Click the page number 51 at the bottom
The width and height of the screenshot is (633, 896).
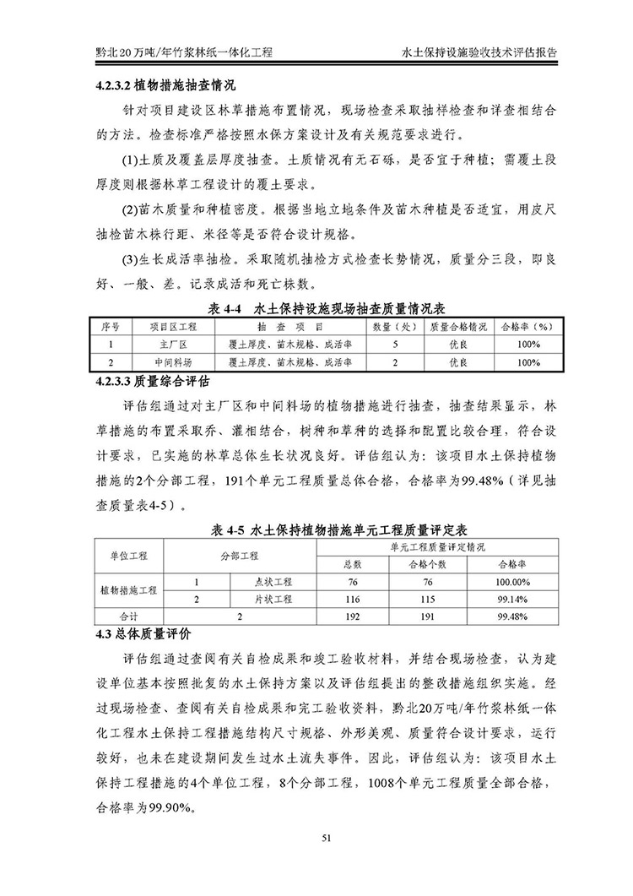[x=316, y=838]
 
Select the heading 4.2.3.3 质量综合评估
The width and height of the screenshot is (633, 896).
[x=149, y=380]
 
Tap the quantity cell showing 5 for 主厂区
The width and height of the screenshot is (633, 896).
[x=394, y=345]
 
